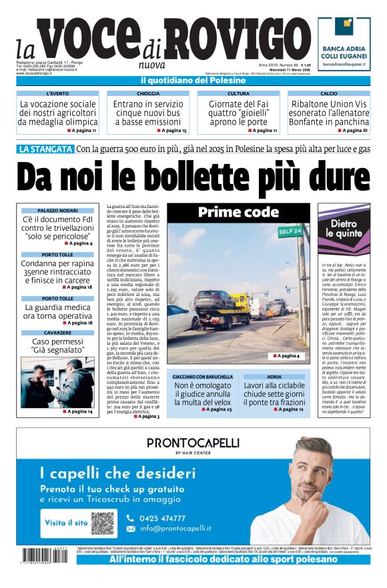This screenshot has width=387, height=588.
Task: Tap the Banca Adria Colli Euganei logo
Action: tap(343, 44)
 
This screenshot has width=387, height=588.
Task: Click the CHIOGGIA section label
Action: tap(148, 94)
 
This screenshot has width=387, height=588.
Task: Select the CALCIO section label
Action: tap(328, 94)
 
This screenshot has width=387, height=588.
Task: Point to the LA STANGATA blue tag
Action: tap(45, 149)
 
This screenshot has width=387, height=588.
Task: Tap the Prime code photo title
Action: tap(238, 213)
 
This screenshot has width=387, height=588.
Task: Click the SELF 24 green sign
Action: tap(290, 231)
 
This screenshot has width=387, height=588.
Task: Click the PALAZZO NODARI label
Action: tap(57, 211)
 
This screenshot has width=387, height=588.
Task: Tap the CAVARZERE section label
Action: tap(57, 333)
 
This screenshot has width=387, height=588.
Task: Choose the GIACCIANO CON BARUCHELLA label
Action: tap(202, 377)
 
